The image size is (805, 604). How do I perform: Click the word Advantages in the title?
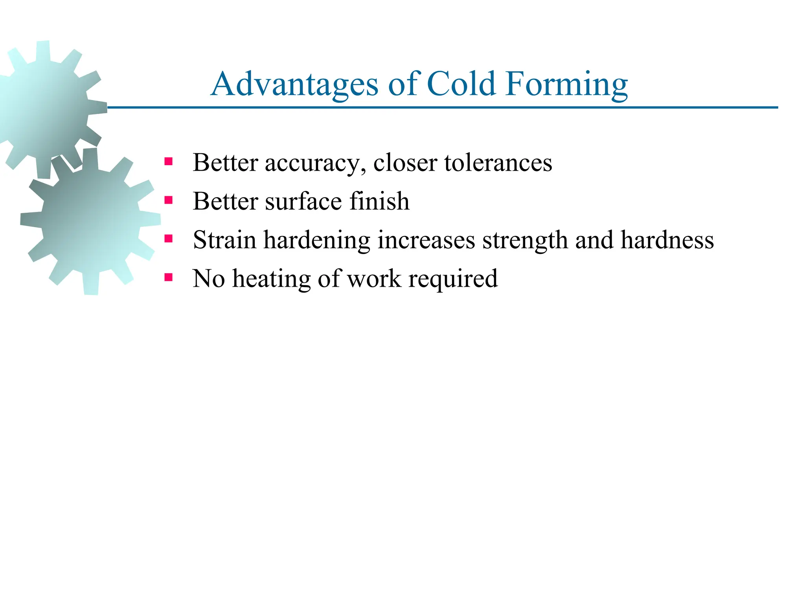click(294, 85)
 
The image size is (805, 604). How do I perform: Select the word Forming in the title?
click(567, 85)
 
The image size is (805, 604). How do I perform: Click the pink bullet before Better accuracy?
click(169, 162)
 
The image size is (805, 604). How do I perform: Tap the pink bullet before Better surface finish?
click(169, 200)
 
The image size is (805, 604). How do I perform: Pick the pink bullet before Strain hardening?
click(169, 239)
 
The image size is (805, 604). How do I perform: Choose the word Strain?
click(224, 239)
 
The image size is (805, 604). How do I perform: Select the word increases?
click(426, 240)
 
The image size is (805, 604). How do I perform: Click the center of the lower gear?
click(91, 221)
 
